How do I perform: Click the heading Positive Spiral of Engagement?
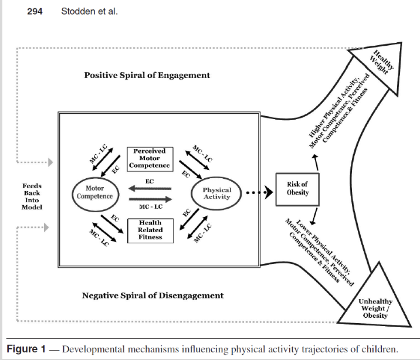(147, 75)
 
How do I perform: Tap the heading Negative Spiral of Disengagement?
(153, 296)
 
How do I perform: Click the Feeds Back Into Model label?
(32, 196)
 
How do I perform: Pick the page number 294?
(35, 12)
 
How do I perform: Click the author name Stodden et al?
(90, 11)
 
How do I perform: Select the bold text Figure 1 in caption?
(26, 349)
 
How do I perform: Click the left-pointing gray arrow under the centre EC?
(150, 188)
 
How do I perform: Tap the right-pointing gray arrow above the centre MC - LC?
(151, 199)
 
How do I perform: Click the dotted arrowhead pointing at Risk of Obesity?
(269, 192)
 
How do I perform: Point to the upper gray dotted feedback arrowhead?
(50, 162)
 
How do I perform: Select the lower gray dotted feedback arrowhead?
(46, 227)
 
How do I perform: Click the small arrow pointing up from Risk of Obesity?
(316, 162)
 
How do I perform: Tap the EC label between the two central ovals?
(150, 181)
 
